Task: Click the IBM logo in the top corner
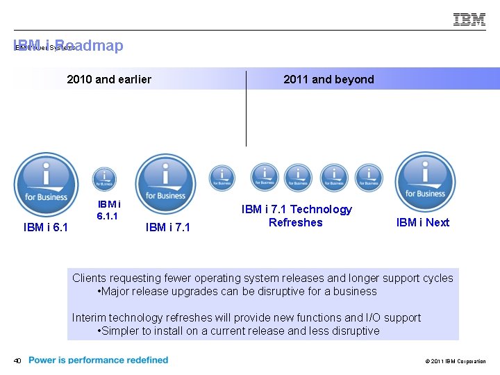(469, 19)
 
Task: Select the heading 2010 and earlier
(109, 79)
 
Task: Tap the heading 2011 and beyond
(328, 79)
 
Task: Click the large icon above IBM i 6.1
(47, 183)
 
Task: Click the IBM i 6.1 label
(46, 227)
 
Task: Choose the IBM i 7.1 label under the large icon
(167, 227)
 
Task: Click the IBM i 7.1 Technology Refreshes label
(297, 216)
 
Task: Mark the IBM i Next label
(422, 222)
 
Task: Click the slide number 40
(17, 360)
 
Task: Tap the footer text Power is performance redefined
(99, 360)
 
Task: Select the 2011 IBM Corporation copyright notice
(455, 361)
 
